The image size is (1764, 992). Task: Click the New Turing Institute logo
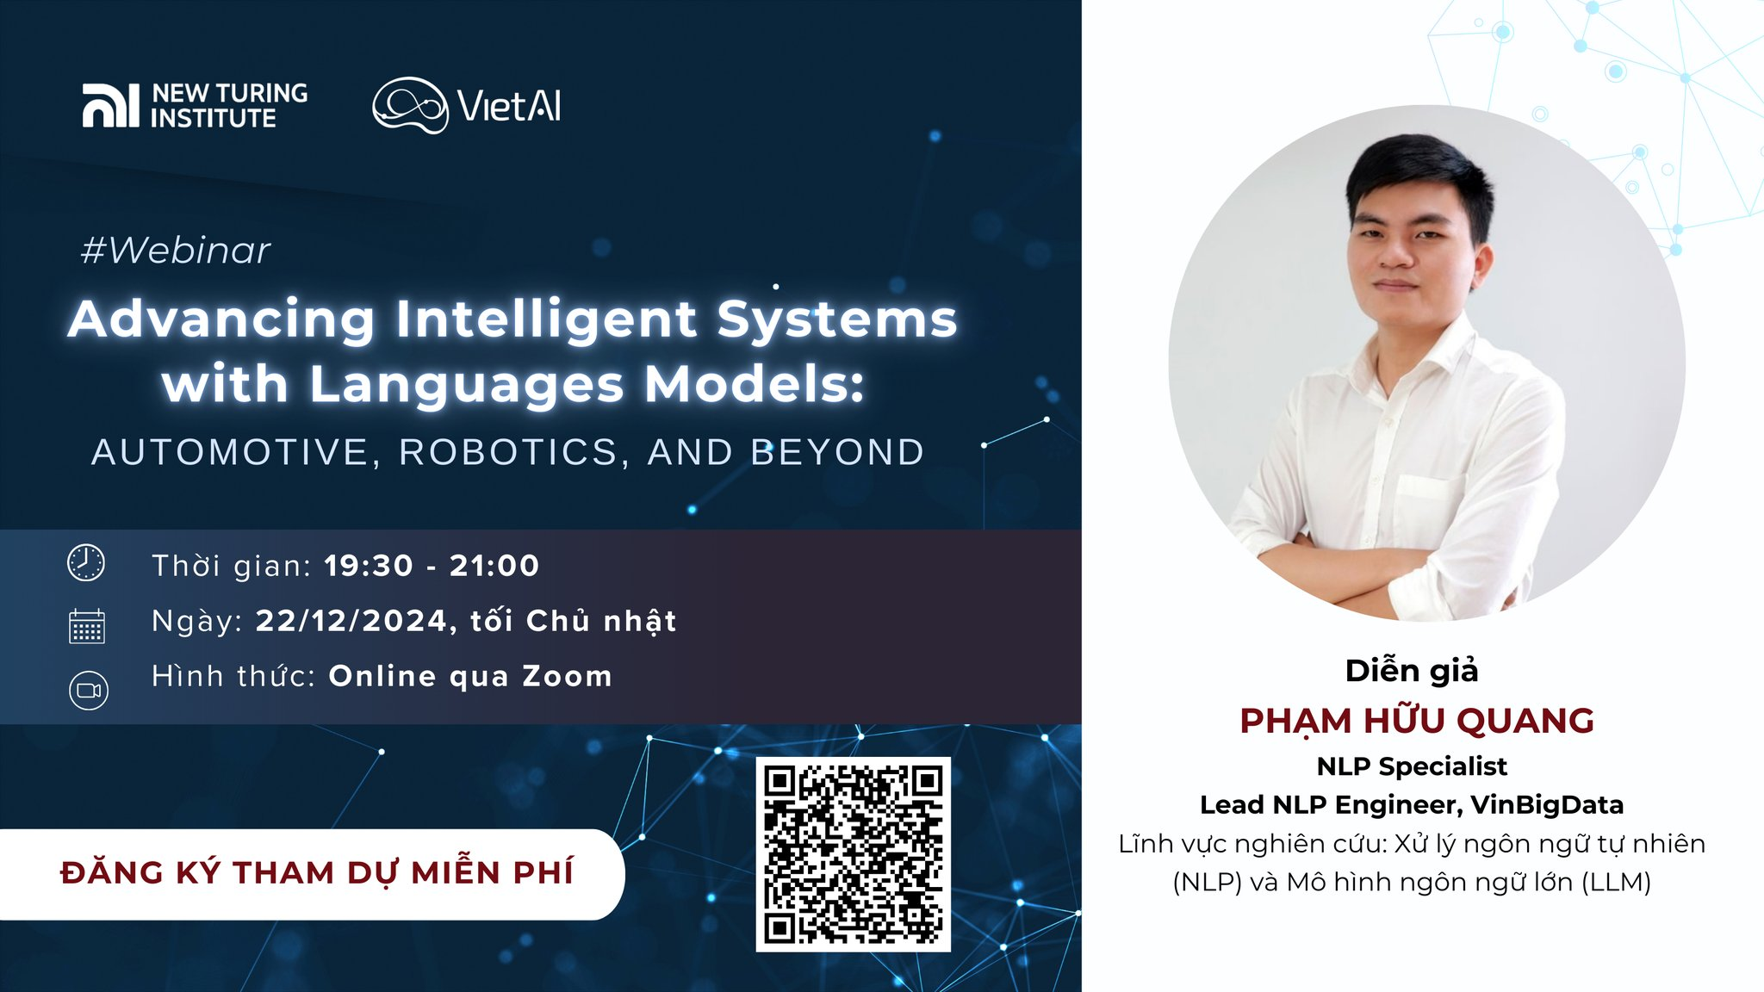coord(195,105)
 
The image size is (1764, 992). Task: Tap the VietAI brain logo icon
coord(410,105)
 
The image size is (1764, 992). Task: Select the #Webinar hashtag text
coord(176,251)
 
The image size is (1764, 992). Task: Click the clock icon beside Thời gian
coord(86,563)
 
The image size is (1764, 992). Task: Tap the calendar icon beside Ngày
coord(86,626)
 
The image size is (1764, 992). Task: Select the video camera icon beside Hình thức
coord(88,691)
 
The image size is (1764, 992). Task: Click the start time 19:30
coord(369,566)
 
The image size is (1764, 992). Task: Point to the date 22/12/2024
coord(351,621)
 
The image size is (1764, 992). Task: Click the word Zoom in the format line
coord(568,676)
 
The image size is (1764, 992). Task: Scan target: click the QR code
coord(854,854)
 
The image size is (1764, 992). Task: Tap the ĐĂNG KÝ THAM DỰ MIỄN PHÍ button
coord(312,874)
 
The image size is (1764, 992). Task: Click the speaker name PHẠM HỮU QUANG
coord(1417,722)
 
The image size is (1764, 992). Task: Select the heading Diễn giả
coord(1412,671)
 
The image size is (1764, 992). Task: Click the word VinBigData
coord(1547,804)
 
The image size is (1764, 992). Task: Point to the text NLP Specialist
coord(1412,766)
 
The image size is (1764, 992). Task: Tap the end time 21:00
coord(494,566)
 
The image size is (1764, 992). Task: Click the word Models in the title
coord(755,384)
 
